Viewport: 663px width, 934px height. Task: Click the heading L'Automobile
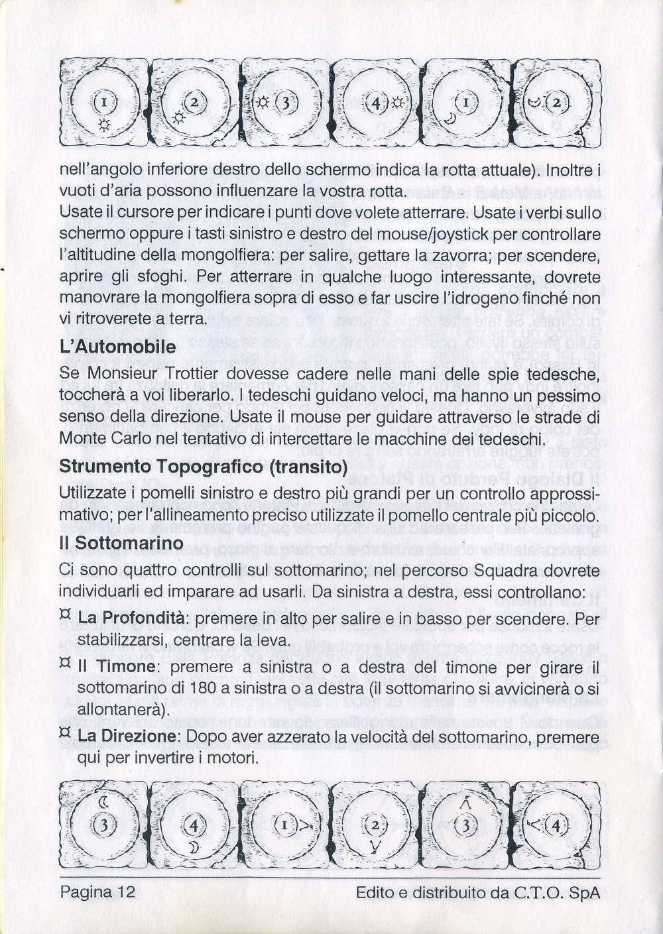117,347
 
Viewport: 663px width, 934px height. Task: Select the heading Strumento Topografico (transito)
204,467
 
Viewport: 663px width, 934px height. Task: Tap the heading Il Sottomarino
121,542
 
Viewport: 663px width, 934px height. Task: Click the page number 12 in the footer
127,892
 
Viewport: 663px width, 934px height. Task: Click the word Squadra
497,570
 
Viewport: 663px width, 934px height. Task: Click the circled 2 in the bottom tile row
375,826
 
